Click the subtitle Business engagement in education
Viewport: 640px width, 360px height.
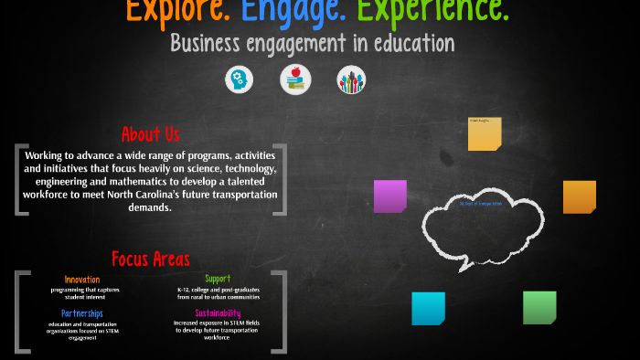coord(312,43)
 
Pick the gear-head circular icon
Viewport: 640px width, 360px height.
coord(240,79)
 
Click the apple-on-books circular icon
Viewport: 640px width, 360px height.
coord(295,79)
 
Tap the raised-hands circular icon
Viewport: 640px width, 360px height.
coord(351,80)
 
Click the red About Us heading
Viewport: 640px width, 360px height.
coord(151,134)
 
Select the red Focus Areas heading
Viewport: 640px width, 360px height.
coord(151,259)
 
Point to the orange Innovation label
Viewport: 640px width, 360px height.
coord(82,279)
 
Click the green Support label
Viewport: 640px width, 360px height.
coord(218,279)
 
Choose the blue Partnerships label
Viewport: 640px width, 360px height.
coord(82,313)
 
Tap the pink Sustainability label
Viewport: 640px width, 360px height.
coord(218,313)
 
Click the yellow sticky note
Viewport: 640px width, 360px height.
coord(485,133)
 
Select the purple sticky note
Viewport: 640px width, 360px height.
coord(390,196)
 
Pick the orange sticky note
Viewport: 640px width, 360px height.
coord(579,196)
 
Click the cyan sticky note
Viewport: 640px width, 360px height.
coord(428,308)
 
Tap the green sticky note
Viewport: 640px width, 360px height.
coord(539,307)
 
